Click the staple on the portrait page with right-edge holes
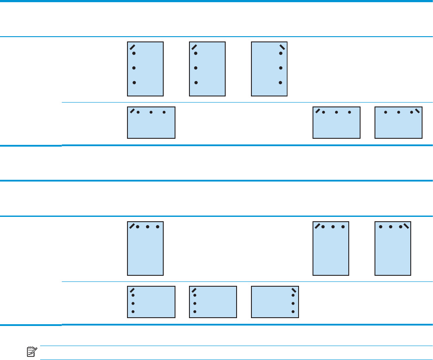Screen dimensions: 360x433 pos(282,47)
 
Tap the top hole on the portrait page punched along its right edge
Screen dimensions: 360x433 pos(281,54)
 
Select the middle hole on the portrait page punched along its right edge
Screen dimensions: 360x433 pos(281,68)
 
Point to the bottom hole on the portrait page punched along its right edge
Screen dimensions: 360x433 pos(281,82)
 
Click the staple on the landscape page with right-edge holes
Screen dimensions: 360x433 pos(294,290)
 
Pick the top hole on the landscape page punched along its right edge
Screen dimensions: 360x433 pos(293,295)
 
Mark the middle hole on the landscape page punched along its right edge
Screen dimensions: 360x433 pos(293,303)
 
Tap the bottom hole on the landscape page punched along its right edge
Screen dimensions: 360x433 pos(293,312)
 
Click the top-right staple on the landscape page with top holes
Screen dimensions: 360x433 pos(417,111)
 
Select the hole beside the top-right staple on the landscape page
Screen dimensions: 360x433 pos(412,113)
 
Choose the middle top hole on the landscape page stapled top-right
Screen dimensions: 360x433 pos(399,113)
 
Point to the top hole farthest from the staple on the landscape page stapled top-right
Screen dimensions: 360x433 pos(385,113)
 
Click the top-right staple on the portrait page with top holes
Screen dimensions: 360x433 pos(406,226)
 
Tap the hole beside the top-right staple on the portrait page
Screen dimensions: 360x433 pos(400,227)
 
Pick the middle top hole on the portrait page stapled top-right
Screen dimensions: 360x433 pos(391,227)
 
